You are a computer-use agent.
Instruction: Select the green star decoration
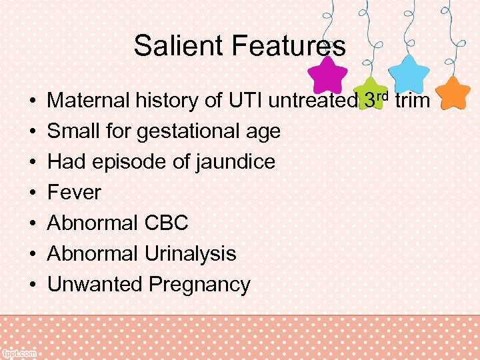[x=371, y=92]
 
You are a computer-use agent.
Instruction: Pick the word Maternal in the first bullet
[x=89, y=101]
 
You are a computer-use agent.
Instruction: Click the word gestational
[x=187, y=131]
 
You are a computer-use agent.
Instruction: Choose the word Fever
[x=74, y=192]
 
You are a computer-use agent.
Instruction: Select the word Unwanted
[x=95, y=284]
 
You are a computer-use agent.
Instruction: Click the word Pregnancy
[x=199, y=285]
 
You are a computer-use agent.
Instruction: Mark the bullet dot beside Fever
[x=32, y=193]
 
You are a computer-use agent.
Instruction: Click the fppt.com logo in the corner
[x=19, y=354]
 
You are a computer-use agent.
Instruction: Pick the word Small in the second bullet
[x=69, y=131]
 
